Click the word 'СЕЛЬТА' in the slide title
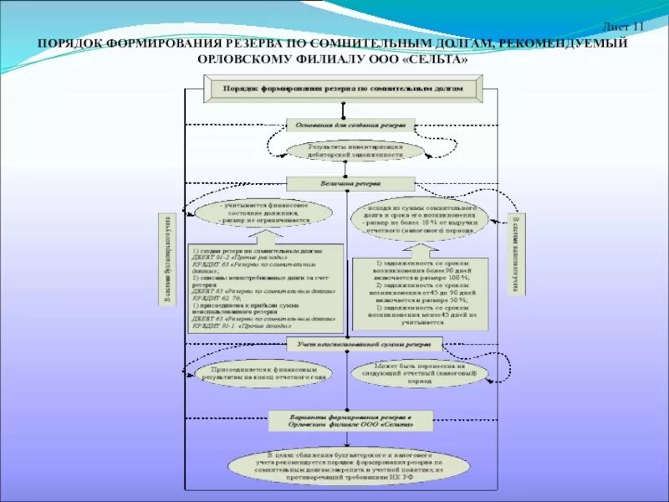(x=430, y=60)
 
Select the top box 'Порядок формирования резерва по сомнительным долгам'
(x=343, y=88)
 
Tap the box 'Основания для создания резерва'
(x=350, y=125)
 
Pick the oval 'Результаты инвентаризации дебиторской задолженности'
(x=355, y=150)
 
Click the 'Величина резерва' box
(x=350, y=182)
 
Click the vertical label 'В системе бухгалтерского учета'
(x=166, y=259)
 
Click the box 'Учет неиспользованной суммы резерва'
(x=363, y=344)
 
